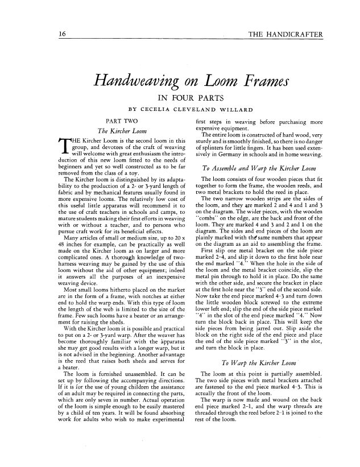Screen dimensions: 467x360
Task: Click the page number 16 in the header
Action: pyautogui.click(x=59, y=35)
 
